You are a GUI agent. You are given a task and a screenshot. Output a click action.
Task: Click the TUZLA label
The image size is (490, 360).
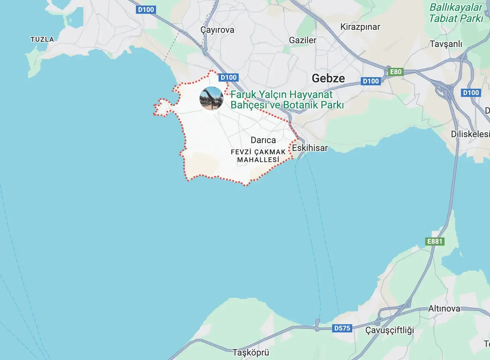click(42, 39)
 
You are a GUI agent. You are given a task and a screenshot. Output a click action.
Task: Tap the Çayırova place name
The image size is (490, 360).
click(217, 30)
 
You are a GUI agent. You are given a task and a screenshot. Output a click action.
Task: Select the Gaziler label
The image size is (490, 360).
click(303, 40)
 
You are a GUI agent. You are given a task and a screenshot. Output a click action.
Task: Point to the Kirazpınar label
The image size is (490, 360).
click(360, 27)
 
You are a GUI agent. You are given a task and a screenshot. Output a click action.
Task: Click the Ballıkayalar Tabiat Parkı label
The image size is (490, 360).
click(456, 13)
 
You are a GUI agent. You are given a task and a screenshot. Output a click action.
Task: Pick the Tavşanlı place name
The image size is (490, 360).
click(446, 44)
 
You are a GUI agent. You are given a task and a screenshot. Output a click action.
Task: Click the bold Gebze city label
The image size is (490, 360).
click(328, 78)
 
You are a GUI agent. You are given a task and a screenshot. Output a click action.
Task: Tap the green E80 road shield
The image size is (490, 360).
click(395, 72)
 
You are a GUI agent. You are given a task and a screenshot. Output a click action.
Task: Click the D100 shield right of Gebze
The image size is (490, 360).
click(371, 81)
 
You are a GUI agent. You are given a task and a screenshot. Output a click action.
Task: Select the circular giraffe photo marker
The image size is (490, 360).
click(211, 98)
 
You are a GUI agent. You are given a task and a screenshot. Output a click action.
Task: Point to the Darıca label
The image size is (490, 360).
click(263, 140)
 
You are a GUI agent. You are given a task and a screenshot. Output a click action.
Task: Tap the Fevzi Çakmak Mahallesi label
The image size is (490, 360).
click(258, 156)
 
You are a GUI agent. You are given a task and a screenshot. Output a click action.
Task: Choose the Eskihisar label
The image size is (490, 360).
click(310, 148)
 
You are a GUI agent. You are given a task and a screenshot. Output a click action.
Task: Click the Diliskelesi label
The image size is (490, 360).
click(470, 134)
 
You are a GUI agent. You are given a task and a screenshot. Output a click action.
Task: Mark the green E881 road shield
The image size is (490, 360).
click(435, 241)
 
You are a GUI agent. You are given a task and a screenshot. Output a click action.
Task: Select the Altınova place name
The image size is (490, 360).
click(444, 309)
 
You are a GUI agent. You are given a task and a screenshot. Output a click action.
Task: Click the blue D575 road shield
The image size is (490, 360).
click(342, 328)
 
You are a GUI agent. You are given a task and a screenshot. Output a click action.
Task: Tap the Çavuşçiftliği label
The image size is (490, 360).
click(389, 330)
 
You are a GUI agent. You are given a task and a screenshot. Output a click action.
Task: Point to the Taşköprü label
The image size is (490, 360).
click(251, 353)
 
